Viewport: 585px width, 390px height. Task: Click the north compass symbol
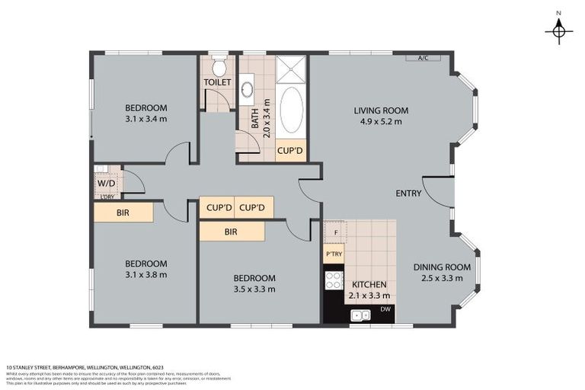click(x=559, y=30)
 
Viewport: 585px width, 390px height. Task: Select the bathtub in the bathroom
click(x=291, y=111)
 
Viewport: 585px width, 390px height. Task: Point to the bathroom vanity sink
click(x=248, y=90)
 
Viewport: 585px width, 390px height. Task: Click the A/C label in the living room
click(x=423, y=58)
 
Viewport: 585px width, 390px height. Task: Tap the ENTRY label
click(x=408, y=193)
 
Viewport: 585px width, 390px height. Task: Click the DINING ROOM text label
click(x=442, y=267)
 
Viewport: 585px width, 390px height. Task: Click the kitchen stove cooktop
click(x=334, y=280)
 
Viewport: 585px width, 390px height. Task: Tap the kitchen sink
click(x=360, y=315)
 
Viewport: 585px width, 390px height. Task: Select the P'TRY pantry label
click(x=334, y=254)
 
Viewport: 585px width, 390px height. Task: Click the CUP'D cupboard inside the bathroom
click(x=289, y=151)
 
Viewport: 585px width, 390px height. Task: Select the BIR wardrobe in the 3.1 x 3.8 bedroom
click(x=123, y=213)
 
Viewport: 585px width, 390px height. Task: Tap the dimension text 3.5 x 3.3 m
click(x=254, y=289)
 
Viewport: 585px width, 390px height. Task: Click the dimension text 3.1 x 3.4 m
click(x=145, y=119)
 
